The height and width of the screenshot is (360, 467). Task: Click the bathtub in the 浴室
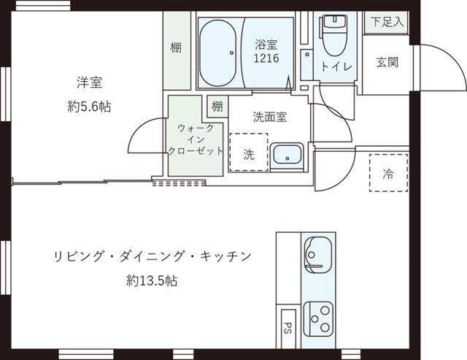pyautogui.click(x=217, y=53)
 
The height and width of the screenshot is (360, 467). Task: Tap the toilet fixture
pyautogui.click(x=335, y=35)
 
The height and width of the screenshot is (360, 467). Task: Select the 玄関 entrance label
pyautogui.click(x=387, y=62)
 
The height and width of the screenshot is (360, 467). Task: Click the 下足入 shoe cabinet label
pyautogui.click(x=387, y=22)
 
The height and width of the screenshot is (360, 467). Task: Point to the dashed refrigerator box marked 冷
pyautogui.click(x=388, y=173)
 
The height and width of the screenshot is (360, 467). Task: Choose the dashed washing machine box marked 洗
pyautogui.click(x=249, y=153)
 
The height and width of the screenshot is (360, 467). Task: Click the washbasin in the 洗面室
pyautogui.click(x=287, y=154)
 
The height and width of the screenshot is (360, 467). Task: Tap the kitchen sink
pyautogui.click(x=317, y=255)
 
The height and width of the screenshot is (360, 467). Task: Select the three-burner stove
pyautogui.click(x=318, y=319)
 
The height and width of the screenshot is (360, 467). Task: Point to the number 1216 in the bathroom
pyautogui.click(x=266, y=58)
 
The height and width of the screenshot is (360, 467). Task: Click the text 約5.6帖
pyautogui.click(x=89, y=107)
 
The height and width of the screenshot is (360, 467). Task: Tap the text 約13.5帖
pyautogui.click(x=152, y=280)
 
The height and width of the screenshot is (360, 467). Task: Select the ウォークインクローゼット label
pyautogui.click(x=196, y=139)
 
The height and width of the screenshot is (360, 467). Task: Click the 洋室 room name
pyautogui.click(x=89, y=83)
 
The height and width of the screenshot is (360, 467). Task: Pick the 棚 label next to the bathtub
pyautogui.click(x=176, y=47)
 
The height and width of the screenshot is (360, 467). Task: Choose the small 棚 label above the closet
pyautogui.click(x=217, y=106)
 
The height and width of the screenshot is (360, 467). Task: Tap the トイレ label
pyautogui.click(x=336, y=66)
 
